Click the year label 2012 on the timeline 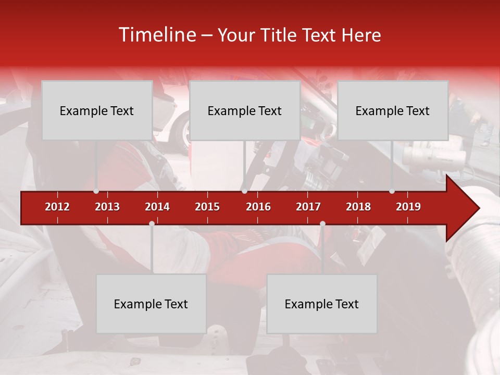tap(57, 207)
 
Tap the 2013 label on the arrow tap(107, 207)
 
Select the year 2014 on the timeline tap(157, 207)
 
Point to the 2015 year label tap(207, 207)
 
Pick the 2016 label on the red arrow tap(258, 207)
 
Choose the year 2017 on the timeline tap(308, 207)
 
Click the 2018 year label tap(358, 207)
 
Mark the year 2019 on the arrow tap(408, 207)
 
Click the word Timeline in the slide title tap(157, 35)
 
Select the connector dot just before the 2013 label tap(96, 191)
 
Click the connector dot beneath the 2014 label tap(152, 223)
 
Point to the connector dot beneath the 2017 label tap(322, 223)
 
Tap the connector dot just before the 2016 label tap(244, 191)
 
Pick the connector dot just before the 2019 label tap(392, 191)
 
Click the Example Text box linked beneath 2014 tap(151, 304)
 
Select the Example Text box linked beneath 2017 tap(322, 304)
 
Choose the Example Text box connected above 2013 tap(97, 110)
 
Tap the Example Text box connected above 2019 tap(393, 110)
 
